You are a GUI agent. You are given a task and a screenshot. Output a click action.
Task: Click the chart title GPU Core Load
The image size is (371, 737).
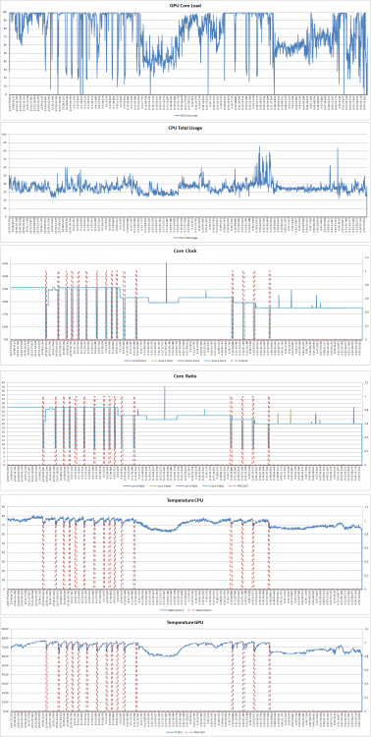[x=185, y=6]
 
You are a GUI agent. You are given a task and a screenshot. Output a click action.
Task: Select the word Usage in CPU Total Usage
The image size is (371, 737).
[x=202, y=127]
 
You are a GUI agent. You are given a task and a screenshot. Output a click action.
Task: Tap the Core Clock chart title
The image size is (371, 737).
[x=185, y=251]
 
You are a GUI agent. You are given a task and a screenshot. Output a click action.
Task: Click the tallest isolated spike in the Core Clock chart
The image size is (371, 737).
[x=166, y=265]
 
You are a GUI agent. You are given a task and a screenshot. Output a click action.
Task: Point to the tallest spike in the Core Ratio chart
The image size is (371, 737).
[x=165, y=387]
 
